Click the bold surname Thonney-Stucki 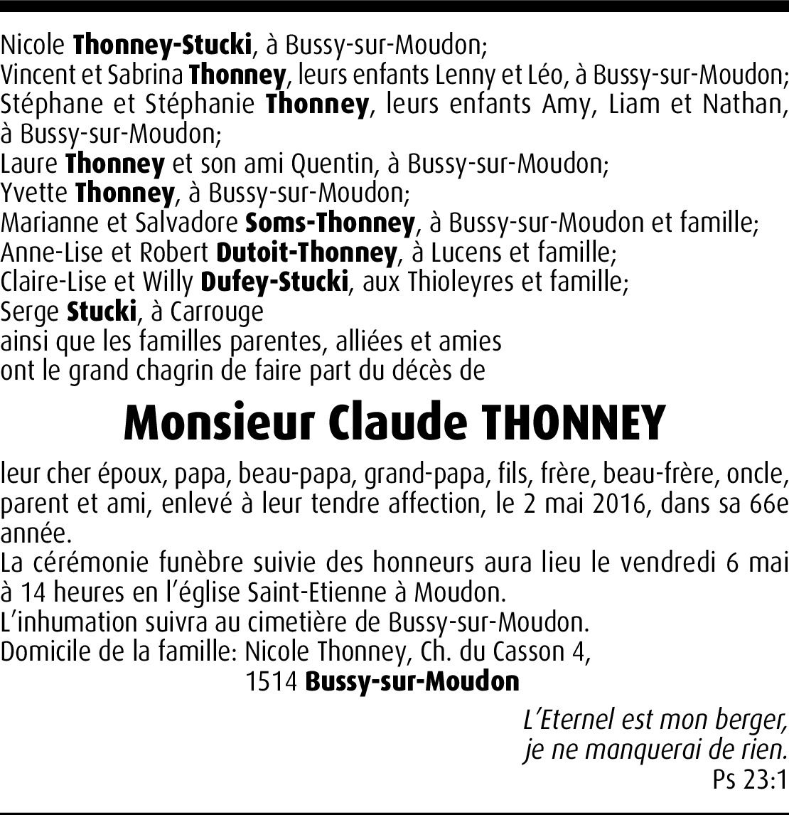coord(163,46)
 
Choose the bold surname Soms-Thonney coord(329,223)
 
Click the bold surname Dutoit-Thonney coord(306,252)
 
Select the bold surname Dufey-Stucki coord(275,282)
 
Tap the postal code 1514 coord(272,681)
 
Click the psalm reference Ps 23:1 coord(750,780)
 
